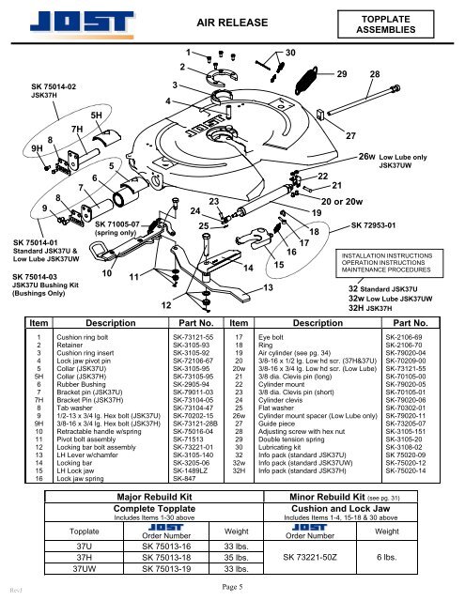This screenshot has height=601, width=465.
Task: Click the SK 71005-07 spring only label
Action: click(x=127, y=225)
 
